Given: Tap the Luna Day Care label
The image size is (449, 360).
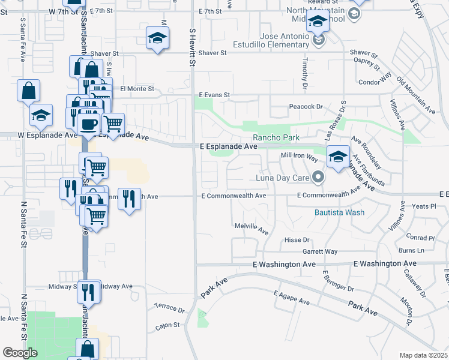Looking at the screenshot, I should coord(283,177).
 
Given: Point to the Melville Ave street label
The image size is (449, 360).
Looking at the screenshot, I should coord(251,229).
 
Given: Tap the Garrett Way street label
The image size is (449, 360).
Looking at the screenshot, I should coord(320,251).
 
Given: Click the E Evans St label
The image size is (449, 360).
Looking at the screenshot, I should coord(215,95).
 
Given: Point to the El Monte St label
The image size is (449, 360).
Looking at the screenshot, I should coord(137,89).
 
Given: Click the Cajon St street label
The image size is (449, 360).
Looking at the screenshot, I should coord(168,325).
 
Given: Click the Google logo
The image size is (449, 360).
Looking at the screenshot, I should coord(20,353).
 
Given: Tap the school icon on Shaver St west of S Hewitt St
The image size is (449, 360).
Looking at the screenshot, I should coord(157,39).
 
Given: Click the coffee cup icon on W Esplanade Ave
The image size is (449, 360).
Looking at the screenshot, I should coord(88,124).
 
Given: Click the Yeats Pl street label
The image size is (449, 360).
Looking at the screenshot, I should coord(424,206).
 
